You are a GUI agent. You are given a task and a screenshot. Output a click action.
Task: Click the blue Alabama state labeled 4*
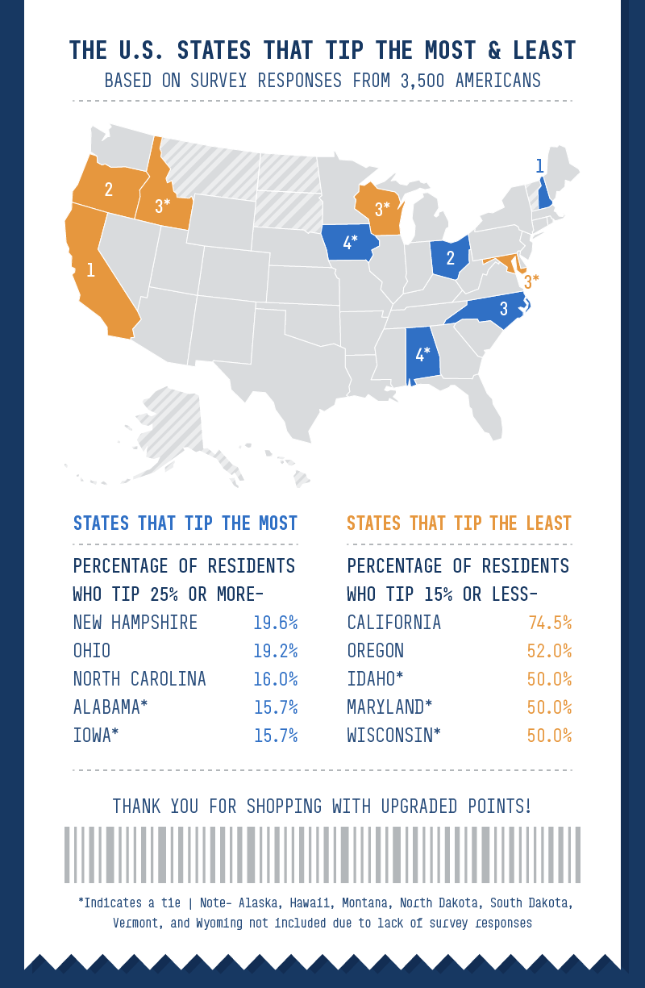(x=422, y=355)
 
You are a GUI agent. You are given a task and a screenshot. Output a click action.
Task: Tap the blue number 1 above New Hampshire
(x=539, y=167)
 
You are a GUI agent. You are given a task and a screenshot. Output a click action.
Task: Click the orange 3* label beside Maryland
(x=531, y=281)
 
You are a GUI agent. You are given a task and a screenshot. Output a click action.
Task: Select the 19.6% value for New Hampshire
(x=276, y=623)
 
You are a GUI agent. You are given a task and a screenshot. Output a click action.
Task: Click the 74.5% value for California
(x=550, y=623)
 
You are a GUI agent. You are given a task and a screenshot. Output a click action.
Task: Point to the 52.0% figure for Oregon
(x=550, y=651)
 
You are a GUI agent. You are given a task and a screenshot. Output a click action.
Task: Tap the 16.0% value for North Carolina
(x=276, y=679)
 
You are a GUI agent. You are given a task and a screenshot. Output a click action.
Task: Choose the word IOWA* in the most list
(x=96, y=736)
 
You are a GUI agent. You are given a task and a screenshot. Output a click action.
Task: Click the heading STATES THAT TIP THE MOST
(x=185, y=523)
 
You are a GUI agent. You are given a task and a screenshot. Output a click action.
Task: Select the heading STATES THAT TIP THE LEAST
(x=459, y=523)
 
